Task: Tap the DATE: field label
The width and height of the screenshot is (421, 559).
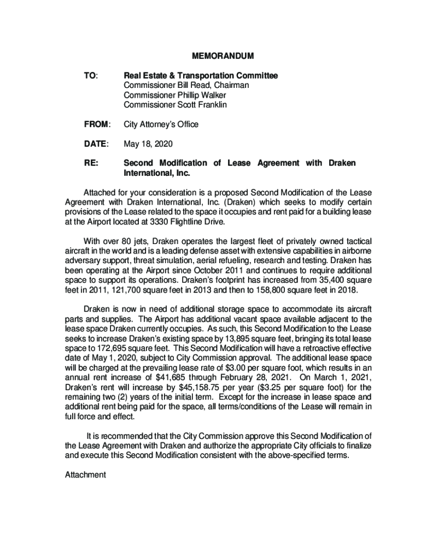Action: [96, 144]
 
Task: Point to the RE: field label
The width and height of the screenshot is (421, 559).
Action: [90, 163]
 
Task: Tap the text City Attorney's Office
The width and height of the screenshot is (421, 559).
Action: [161, 124]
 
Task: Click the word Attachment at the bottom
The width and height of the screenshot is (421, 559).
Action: [85, 475]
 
